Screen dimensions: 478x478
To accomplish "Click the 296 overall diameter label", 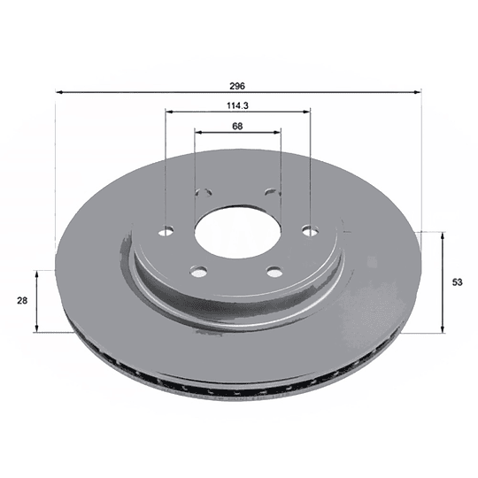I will point(236,85).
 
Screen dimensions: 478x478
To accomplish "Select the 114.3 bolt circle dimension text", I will point(236,105).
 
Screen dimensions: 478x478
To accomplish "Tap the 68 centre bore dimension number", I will point(237,126).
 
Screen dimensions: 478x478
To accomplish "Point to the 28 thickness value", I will point(22,301).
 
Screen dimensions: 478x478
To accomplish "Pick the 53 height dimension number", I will point(457,282).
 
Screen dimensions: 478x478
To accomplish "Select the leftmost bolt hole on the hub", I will point(166,232).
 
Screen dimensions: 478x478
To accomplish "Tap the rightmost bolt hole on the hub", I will point(309,231).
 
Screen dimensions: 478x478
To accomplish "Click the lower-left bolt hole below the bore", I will point(198,271).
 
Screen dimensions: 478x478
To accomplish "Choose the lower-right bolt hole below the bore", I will point(274,271).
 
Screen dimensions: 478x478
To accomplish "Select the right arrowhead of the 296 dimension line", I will point(418,91).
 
